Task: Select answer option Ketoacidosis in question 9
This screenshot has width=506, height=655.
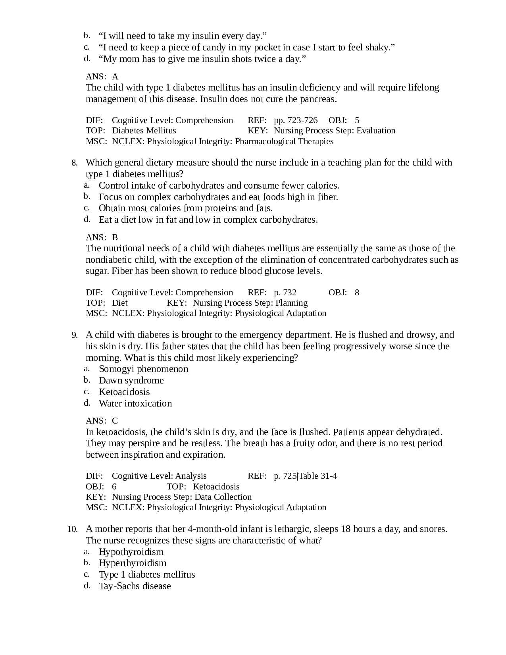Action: click(x=124, y=392)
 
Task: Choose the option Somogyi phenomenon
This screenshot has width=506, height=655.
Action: click(x=143, y=369)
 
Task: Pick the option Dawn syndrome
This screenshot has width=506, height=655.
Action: click(x=131, y=380)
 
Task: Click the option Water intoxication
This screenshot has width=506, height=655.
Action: click(x=135, y=403)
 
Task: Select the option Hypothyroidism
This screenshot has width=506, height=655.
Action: click(x=131, y=552)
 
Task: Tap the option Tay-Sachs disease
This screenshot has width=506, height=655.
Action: click(x=135, y=586)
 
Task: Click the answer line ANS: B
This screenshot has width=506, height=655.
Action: click(x=102, y=237)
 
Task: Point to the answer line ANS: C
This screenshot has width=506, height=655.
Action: click(x=102, y=421)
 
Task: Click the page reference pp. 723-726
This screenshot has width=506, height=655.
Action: click(x=296, y=120)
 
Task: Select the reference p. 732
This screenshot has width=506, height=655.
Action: click(x=285, y=293)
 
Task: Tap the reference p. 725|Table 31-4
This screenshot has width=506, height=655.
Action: click(x=305, y=476)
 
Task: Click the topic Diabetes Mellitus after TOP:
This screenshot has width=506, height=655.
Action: click(x=144, y=131)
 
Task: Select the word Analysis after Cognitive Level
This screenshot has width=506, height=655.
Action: click(x=191, y=476)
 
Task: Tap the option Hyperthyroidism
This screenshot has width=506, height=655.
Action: click(x=133, y=563)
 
